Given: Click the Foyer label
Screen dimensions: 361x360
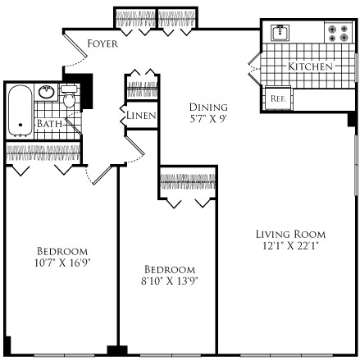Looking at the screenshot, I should point(103,43).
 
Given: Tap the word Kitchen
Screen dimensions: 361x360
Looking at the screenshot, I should point(309,66).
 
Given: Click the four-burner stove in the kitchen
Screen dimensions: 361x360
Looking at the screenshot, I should point(336,33).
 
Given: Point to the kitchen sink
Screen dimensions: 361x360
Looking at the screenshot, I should point(280,33).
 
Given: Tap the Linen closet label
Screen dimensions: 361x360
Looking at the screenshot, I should point(140,116).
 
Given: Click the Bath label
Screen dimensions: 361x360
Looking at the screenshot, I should point(48,125).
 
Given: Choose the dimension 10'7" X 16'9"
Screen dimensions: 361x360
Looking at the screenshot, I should point(62,263).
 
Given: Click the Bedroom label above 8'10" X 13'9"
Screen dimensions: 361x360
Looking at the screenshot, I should point(170,270).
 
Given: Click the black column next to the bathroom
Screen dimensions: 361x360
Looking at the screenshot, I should point(82,85).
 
